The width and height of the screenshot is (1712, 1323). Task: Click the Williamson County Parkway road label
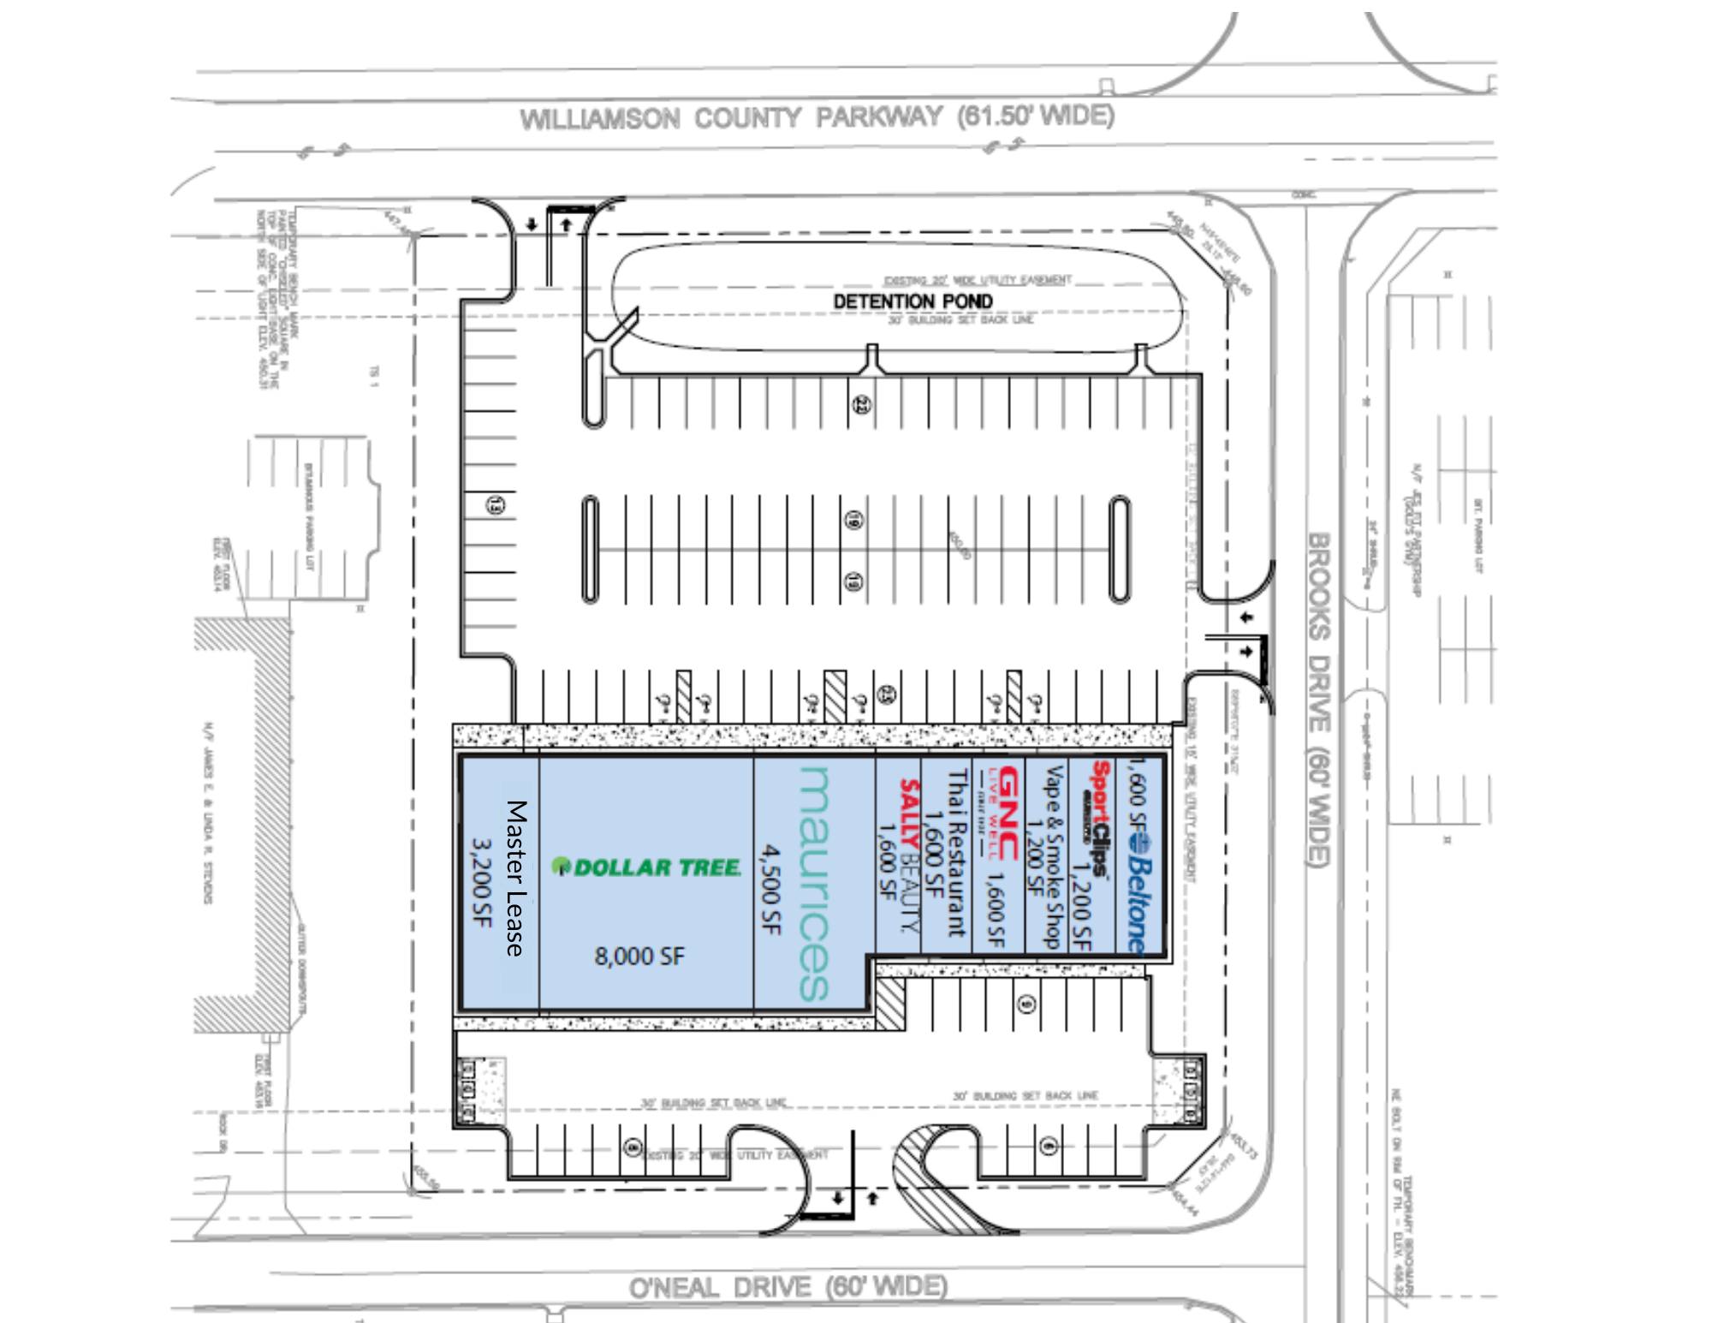click(x=817, y=116)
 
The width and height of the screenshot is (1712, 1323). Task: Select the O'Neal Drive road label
click(x=788, y=1287)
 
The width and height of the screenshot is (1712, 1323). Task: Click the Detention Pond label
click(x=912, y=301)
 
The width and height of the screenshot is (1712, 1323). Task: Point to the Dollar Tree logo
click(x=646, y=867)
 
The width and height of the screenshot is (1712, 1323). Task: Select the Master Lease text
click(x=515, y=878)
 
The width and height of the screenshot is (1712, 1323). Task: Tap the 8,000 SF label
click(x=639, y=956)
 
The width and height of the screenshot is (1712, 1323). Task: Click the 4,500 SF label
click(x=771, y=889)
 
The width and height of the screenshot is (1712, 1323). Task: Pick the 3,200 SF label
click(x=483, y=882)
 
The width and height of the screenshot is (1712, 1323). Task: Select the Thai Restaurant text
click(x=957, y=852)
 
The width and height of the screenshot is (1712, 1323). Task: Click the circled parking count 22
click(x=862, y=404)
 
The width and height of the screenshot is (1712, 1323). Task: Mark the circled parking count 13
click(x=496, y=505)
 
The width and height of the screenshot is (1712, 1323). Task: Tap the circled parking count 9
click(x=1027, y=1004)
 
